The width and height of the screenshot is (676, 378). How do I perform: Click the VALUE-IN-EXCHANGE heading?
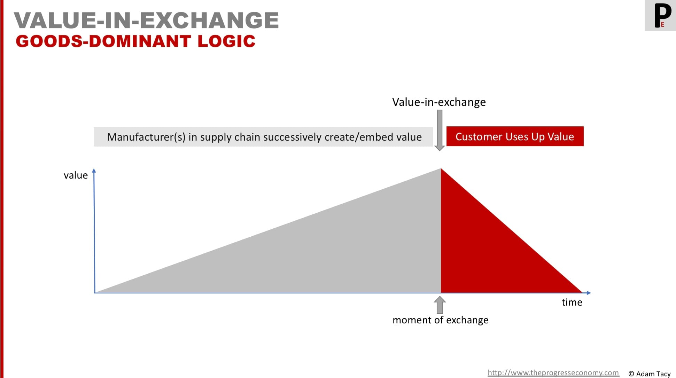(146, 20)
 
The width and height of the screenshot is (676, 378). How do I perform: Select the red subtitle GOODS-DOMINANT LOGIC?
(135, 41)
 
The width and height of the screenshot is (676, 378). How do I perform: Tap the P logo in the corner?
(660, 15)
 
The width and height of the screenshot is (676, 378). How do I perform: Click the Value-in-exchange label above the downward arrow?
(439, 102)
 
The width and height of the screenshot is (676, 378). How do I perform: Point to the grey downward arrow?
(440, 130)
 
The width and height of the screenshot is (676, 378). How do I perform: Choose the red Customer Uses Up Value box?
(515, 136)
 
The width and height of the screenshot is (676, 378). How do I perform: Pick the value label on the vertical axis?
(76, 175)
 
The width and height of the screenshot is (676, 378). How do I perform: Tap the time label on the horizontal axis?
(572, 302)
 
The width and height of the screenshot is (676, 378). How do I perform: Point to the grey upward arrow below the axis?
(440, 305)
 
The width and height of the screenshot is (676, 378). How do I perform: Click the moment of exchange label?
(441, 320)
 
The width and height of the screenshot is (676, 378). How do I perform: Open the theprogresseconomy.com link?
(553, 373)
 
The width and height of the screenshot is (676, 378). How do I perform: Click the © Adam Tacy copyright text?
(650, 374)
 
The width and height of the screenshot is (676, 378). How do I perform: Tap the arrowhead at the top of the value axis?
(94, 170)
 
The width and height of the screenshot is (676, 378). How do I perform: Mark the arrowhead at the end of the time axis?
(589, 293)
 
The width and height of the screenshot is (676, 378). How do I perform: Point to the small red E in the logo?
(662, 24)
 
